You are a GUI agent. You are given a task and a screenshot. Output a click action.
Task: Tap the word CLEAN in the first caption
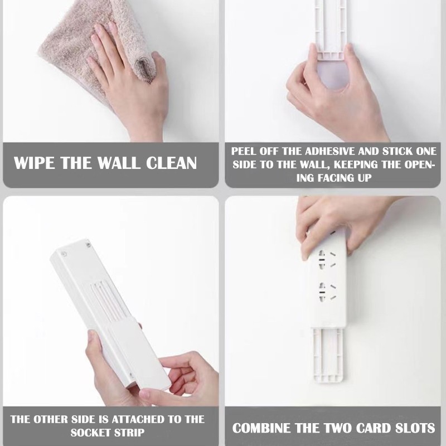click(172, 163)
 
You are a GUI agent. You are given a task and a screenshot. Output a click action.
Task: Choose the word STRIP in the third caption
click(129, 433)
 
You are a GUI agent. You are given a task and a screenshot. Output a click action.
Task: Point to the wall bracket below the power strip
click(328, 354)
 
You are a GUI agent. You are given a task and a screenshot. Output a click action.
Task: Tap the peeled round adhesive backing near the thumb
click(333, 75)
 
